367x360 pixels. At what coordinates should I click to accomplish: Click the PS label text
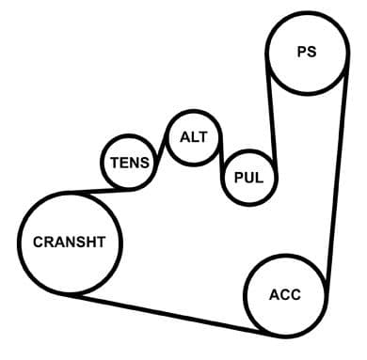click(x=307, y=52)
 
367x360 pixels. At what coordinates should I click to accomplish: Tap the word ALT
click(x=194, y=137)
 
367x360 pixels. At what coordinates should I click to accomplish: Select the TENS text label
click(x=130, y=163)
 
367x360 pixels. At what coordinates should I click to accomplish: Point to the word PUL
click(x=248, y=178)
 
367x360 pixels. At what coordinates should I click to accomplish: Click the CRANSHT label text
click(x=69, y=243)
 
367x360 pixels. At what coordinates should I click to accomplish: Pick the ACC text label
click(x=285, y=295)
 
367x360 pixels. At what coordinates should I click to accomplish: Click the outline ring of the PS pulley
click(x=267, y=52)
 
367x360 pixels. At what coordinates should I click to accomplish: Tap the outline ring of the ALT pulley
click(x=168, y=138)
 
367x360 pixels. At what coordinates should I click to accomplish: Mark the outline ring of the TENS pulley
click(x=102, y=163)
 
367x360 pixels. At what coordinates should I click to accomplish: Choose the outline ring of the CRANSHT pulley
click(x=20, y=243)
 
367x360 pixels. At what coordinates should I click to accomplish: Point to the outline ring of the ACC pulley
click(x=246, y=295)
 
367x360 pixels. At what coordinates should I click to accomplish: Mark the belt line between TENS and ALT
click(x=160, y=153)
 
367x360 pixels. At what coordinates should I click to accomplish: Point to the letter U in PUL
click(x=248, y=178)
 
